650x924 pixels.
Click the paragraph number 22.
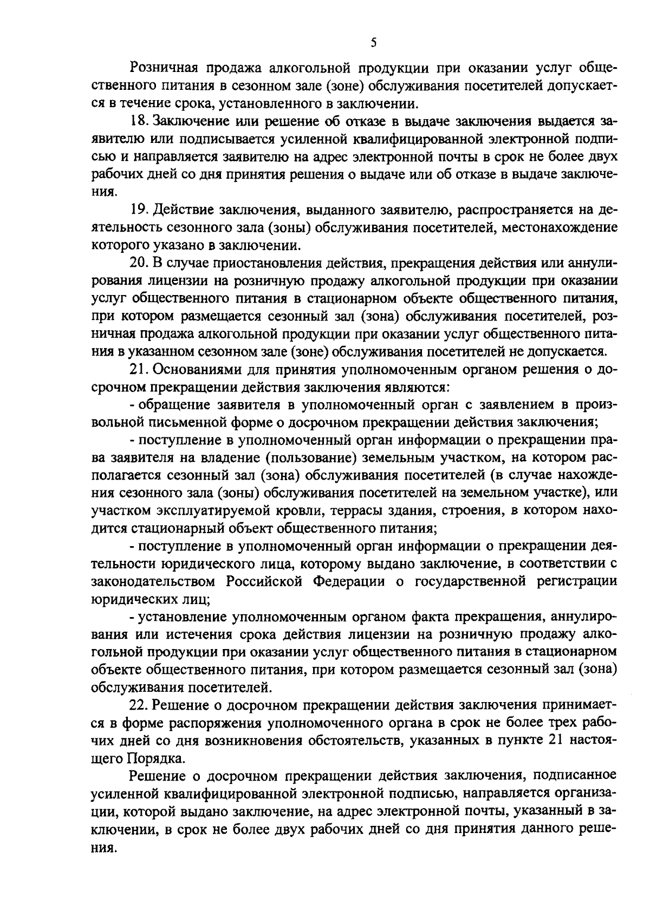(x=140, y=706)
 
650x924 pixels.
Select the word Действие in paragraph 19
(x=182, y=209)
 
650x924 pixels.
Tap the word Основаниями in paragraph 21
(x=196, y=370)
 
